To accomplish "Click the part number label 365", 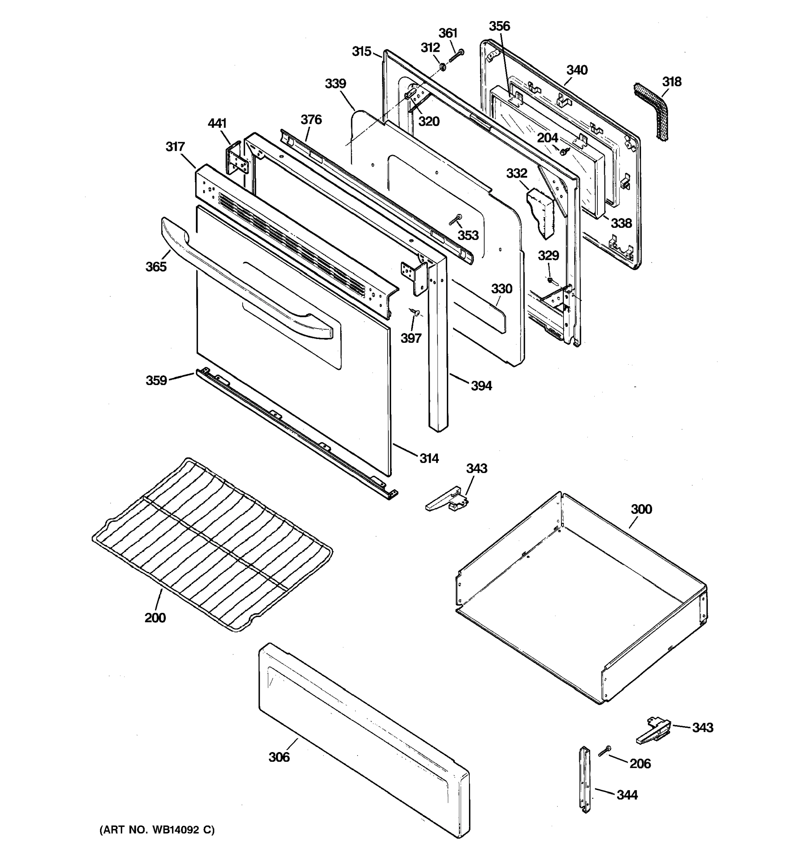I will [x=156, y=267].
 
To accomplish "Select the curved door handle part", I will [x=241, y=280].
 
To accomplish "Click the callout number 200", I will [x=155, y=618].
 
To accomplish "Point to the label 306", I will [x=279, y=757].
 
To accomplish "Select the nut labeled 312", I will [x=443, y=67].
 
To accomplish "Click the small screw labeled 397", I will [x=415, y=311].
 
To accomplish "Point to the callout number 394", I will [x=481, y=386].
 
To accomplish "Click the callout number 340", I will [x=576, y=70].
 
